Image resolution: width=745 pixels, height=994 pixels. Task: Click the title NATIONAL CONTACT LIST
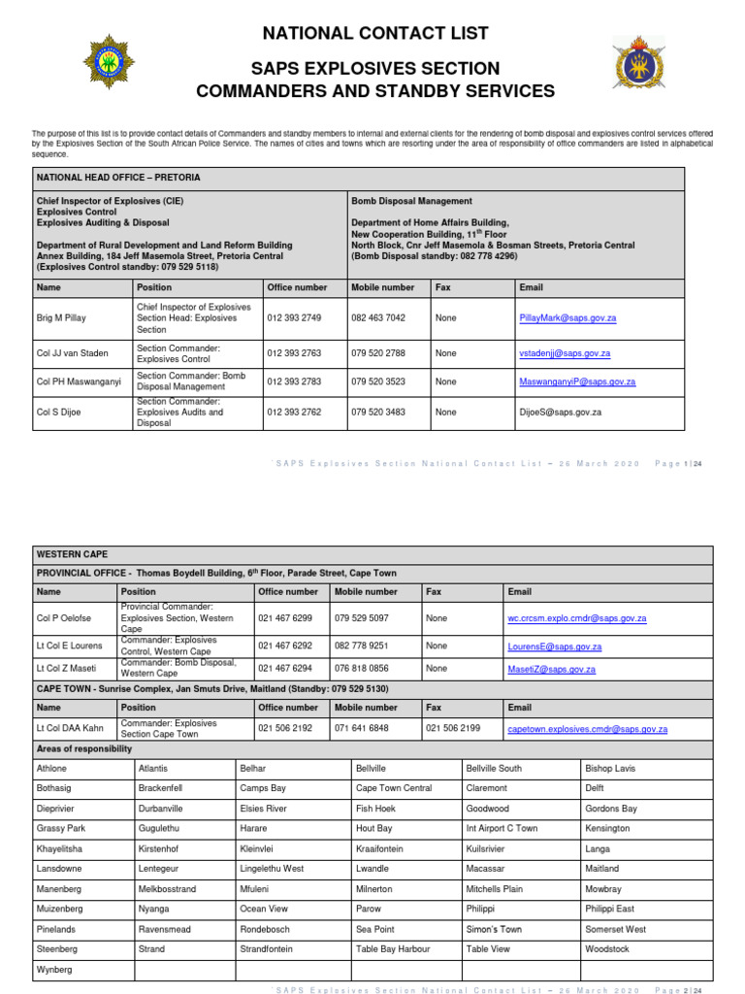[375, 34]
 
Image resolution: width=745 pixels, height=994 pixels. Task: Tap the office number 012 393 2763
[293, 353]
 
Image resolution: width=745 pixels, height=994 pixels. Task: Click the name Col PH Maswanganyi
[79, 382]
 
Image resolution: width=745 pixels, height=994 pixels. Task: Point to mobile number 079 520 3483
[378, 412]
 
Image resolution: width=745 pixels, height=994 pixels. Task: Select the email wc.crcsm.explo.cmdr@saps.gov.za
[576, 618]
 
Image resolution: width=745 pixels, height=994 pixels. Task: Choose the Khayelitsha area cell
[61, 848]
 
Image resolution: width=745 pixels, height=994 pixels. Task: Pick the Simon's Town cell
[494, 929]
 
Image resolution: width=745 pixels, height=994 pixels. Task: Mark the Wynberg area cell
[54, 970]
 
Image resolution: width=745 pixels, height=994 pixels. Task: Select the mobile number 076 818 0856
[362, 669]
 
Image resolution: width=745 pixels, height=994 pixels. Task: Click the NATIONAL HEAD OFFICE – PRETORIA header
[118, 179]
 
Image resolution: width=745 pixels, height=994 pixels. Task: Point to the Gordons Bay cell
[611, 809]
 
